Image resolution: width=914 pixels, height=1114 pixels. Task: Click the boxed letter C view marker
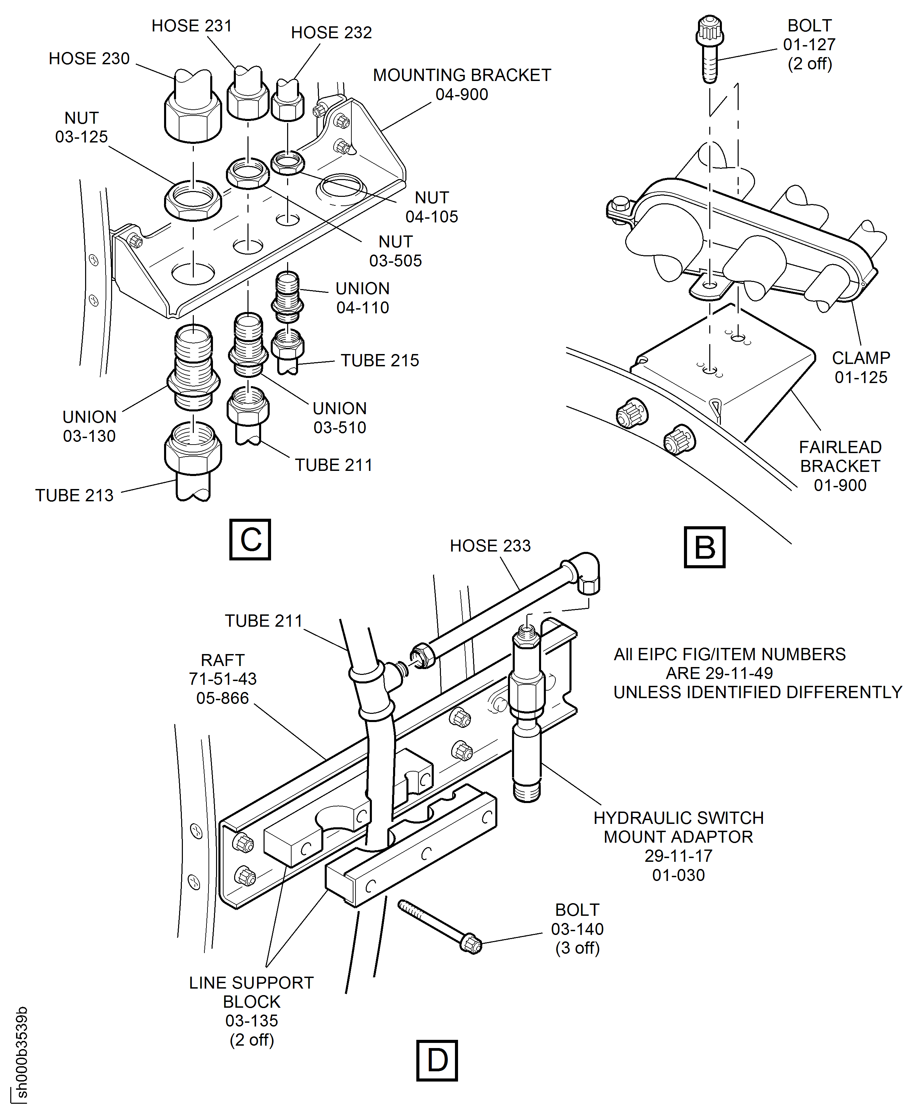tap(250, 539)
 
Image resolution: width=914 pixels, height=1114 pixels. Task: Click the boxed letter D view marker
tap(436, 1060)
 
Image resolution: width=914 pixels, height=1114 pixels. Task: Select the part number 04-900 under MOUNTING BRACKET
tap(462, 95)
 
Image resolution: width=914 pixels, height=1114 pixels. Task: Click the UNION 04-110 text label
tap(362, 298)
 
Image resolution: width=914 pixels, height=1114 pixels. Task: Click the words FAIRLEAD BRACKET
tap(840, 456)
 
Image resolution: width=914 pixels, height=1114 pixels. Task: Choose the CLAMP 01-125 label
tap(861, 367)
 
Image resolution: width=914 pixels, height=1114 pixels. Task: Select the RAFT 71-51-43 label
tap(223, 679)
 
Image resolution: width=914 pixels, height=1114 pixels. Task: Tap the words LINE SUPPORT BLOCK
tap(252, 992)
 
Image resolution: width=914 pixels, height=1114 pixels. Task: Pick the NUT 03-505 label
tap(395, 251)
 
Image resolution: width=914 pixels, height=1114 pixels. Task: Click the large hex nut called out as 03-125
tap(193, 200)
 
